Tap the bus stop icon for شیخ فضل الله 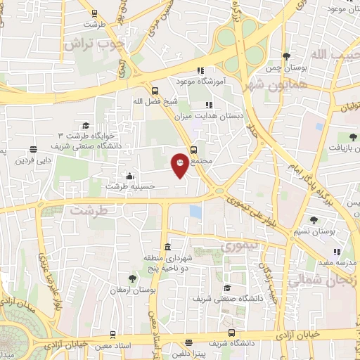click(155, 90)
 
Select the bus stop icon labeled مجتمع click(194, 148)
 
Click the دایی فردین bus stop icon click(34, 148)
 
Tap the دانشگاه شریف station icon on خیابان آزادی click(231, 333)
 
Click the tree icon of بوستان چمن click(285, 56)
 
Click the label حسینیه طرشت click(131, 186)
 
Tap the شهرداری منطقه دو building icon click(167, 247)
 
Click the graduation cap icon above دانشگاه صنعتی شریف click(227, 288)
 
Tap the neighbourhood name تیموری click(240, 247)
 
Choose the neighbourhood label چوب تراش click(94, 43)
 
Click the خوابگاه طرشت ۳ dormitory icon click(86, 125)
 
